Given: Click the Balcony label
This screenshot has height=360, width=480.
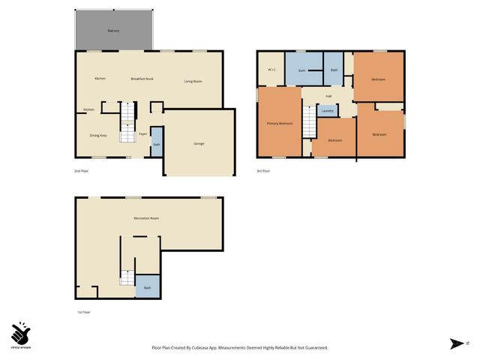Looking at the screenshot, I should click(x=113, y=31).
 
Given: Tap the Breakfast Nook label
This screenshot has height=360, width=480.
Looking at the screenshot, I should click(x=142, y=79).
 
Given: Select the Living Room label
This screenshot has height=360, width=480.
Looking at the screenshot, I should click(x=193, y=81).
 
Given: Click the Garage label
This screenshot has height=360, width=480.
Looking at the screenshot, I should click(x=199, y=143).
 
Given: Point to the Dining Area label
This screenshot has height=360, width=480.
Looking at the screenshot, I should click(x=98, y=136).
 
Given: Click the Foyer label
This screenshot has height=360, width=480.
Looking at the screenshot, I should click(x=142, y=135).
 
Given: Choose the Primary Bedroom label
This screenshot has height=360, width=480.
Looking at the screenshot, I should click(x=280, y=123).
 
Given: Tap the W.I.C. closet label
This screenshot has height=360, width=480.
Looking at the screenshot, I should click(x=272, y=70).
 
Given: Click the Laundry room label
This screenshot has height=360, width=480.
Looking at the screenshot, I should click(x=327, y=111).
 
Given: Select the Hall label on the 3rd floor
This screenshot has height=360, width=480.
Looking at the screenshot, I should click(x=328, y=96).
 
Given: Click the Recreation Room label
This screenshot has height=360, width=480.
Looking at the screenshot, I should click(x=146, y=218).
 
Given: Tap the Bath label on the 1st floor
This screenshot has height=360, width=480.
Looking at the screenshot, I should click(x=147, y=287).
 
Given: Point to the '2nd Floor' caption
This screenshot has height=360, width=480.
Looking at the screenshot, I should click(x=82, y=172).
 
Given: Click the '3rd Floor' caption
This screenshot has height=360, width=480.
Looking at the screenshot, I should click(x=264, y=172).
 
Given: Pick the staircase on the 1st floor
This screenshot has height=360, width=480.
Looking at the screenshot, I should click(x=127, y=277).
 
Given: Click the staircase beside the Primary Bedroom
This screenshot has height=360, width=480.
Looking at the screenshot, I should click(x=307, y=127).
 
